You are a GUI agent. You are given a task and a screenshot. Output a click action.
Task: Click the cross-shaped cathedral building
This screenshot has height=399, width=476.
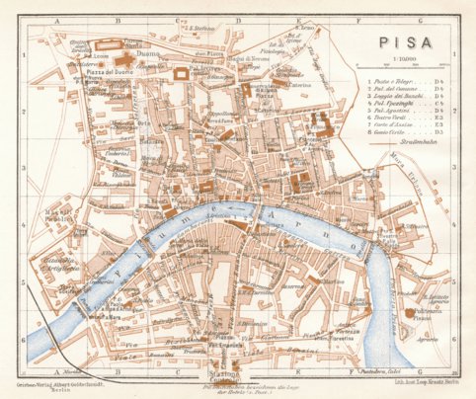click(131, 46)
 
